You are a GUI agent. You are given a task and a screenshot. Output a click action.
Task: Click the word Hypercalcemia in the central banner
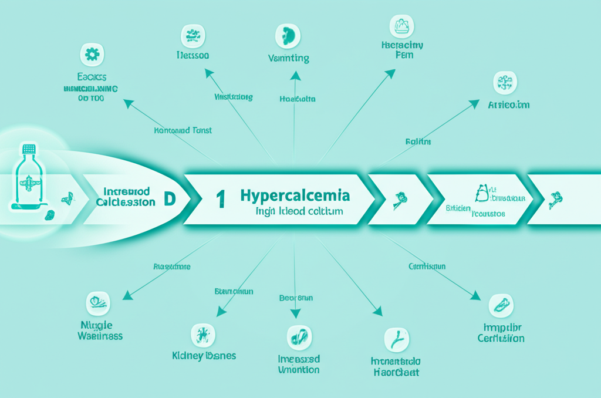coord(295,195)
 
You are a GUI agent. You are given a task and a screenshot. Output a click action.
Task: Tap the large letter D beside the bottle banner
coord(169,198)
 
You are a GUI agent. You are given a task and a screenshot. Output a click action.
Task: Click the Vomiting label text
coord(288,58)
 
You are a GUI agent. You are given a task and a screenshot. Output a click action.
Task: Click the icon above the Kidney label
coord(203,335)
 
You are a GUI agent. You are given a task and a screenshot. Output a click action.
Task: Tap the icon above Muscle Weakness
coord(97,303)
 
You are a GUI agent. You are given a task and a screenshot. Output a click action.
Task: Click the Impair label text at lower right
coord(501,328)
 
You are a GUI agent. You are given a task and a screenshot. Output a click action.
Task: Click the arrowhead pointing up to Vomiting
coord(296,75)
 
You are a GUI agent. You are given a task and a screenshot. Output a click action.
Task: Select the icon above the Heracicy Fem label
coord(402,26)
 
